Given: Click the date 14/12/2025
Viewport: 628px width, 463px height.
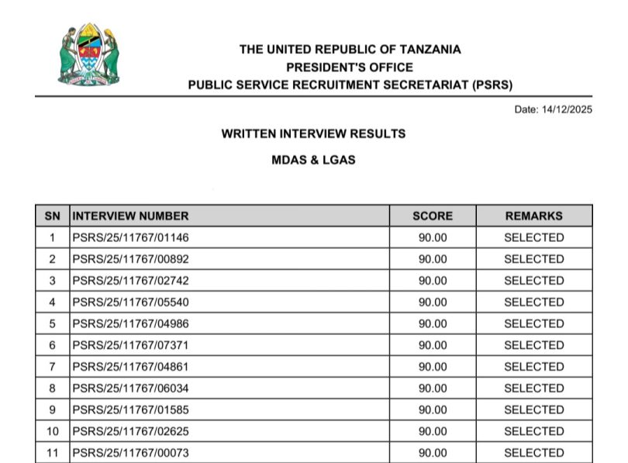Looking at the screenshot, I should tap(553, 109).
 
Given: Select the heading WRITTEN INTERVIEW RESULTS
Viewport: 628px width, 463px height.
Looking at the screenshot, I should tap(313, 133).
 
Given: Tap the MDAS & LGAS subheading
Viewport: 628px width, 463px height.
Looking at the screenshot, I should tap(313, 161).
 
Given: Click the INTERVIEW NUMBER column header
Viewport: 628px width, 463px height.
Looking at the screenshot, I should tap(130, 216).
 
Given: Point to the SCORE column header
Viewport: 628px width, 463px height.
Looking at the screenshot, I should tap(432, 216).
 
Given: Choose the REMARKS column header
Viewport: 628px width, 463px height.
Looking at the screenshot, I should tap(533, 216).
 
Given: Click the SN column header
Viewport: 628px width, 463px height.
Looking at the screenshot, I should tap(52, 216).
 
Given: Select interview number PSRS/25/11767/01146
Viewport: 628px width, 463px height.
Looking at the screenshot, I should tap(130, 237).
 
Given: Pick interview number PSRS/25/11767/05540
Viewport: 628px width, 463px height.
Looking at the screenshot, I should tap(130, 302).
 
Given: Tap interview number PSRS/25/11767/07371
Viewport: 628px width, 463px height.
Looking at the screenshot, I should tap(130, 345).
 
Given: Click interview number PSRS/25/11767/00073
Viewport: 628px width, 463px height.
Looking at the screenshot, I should tap(130, 453).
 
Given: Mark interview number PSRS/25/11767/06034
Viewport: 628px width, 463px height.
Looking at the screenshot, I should tap(130, 388).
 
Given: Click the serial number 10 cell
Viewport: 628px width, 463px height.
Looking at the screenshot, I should tap(52, 431).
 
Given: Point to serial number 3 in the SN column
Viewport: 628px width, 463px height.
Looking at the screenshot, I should tap(52, 281).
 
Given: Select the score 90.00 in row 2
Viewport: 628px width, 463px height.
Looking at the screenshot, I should tap(433, 259).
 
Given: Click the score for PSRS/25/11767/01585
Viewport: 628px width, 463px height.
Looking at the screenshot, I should tap(433, 409).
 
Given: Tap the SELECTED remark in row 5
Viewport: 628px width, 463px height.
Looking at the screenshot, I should tap(533, 323).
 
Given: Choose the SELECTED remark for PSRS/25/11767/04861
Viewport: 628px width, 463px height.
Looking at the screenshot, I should tap(533, 367).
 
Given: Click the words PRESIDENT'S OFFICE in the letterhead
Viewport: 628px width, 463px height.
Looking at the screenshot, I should tap(350, 67).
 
